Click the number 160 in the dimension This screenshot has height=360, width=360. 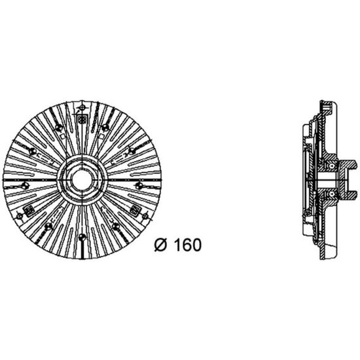(188, 245)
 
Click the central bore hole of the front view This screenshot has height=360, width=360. (82, 180)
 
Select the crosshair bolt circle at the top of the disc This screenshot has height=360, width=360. (82, 107)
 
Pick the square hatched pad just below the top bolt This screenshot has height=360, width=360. (82, 119)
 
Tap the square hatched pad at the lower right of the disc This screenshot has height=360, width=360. (135, 209)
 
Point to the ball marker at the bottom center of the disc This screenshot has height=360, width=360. (82, 236)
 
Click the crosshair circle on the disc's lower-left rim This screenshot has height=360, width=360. (19, 216)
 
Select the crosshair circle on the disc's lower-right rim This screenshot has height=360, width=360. (145, 216)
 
